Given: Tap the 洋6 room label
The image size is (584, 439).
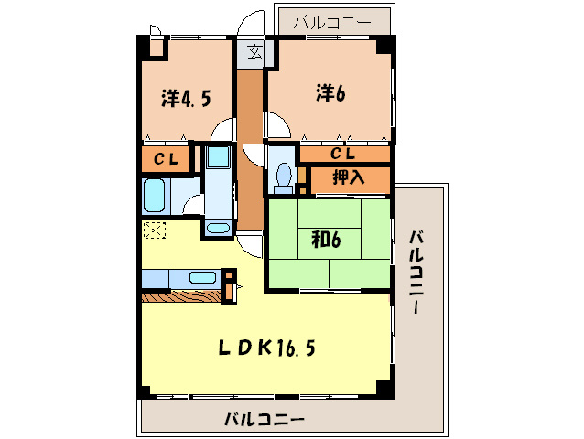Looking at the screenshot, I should point(330,92).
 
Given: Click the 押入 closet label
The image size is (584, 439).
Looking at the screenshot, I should point(348,178).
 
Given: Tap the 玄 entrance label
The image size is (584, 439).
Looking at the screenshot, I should point(254,53).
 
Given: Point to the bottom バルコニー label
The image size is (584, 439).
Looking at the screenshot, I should point(265,419).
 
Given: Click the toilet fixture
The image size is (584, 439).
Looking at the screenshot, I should point(284,175).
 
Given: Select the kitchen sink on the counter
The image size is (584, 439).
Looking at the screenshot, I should point(202,277).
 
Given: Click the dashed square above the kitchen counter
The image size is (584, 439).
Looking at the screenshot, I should point(155,230).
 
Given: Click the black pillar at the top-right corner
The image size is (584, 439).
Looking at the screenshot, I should point(386,42).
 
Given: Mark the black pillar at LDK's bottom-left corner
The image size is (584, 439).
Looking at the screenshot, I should point(143,392).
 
